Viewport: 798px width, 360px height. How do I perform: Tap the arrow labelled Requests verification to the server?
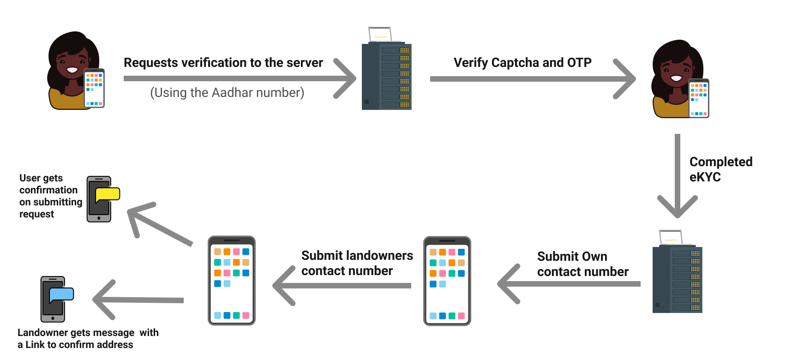tap(240, 78)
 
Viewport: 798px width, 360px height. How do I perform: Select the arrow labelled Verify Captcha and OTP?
tap(531, 79)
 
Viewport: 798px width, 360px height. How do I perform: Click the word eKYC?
tap(705, 177)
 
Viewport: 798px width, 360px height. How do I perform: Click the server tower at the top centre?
tap(386, 77)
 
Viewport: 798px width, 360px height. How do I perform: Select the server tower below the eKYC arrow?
tap(677, 280)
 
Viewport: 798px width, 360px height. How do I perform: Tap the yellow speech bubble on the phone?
tap(108, 194)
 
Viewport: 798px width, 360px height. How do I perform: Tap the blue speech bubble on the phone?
tap(61, 294)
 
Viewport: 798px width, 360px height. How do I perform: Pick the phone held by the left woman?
tap(94, 88)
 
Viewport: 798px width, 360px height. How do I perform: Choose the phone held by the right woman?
tap(698, 98)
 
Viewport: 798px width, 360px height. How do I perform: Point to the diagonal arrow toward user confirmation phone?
tap(159, 224)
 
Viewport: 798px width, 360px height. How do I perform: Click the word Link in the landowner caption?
tap(35, 345)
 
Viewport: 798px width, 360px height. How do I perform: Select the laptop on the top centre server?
tap(380, 34)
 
